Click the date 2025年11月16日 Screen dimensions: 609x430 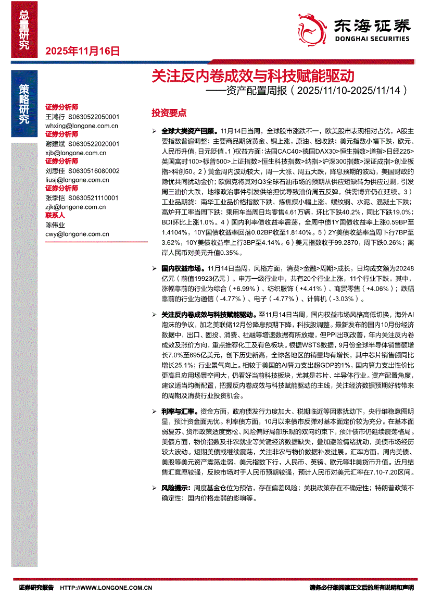pyautogui.click(x=83, y=51)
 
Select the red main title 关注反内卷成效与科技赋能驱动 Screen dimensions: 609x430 pyautogui.click(x=252, y=76)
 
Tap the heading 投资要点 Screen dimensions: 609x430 pyautogui.click(x=169, y=113)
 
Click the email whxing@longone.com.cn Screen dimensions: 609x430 pyautogui.click(x=82, y=126)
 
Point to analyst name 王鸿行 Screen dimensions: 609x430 pyautogui.click(x=55, y=117)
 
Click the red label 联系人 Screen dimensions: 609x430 pyautogui.click(x=55, y=215)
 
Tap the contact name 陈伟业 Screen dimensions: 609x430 pyautogui.click(x=55, y=225)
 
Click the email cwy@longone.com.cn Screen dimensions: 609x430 pyautogui.click(x=77, y=234)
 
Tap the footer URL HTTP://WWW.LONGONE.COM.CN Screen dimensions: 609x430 pyautogui.click(x=106, y=588)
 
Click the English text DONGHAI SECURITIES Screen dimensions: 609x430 pyautogui.click(x=372, y=39)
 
